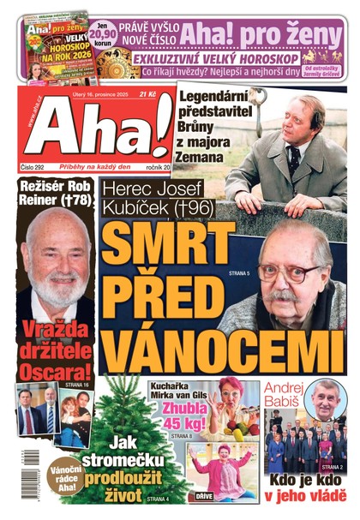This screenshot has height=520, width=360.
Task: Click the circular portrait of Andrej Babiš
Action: pos(327,397)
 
